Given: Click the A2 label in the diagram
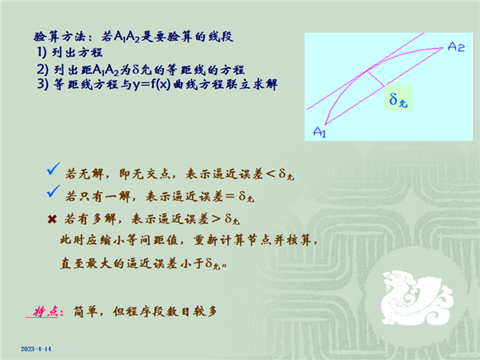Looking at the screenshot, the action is tap(456, 46).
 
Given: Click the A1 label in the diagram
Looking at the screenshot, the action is tap(319, 132).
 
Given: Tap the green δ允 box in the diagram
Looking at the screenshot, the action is tap(398, 98).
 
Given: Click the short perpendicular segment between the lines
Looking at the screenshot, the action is tap(376, 78).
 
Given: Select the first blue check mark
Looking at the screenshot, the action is tap(54, 169).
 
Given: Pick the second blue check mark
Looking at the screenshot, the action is tap(54, 191).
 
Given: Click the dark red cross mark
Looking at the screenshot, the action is tap(52, 219).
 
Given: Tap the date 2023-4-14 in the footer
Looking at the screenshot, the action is tap(36, 349).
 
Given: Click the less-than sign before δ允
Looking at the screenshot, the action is tap(270, 174).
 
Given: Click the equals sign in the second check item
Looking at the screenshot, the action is tap(230, 196).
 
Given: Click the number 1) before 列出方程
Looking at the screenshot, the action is tap(42, 52).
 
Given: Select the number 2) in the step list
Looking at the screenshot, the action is tap(42, 70).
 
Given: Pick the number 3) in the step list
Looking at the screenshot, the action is tap(42, 84).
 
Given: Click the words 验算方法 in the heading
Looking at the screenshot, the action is tap(58, 37).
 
